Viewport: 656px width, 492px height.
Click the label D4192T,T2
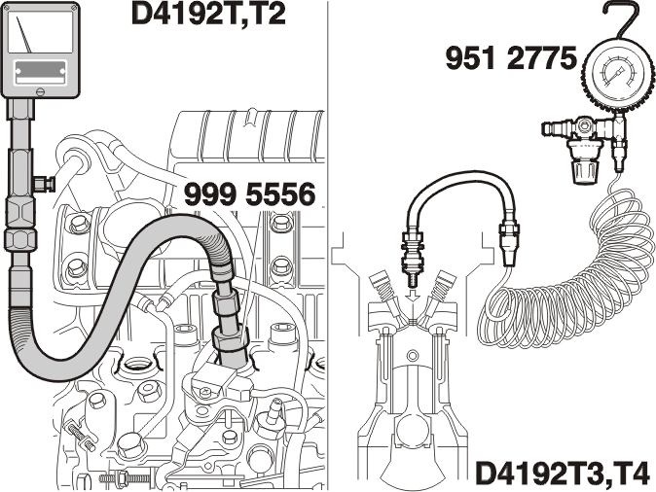tap(208, 15)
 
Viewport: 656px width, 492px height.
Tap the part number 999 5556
tap(250, 194)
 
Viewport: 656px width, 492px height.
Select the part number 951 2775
tap(511, 58)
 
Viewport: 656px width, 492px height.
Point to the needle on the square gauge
tap(24, 35)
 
